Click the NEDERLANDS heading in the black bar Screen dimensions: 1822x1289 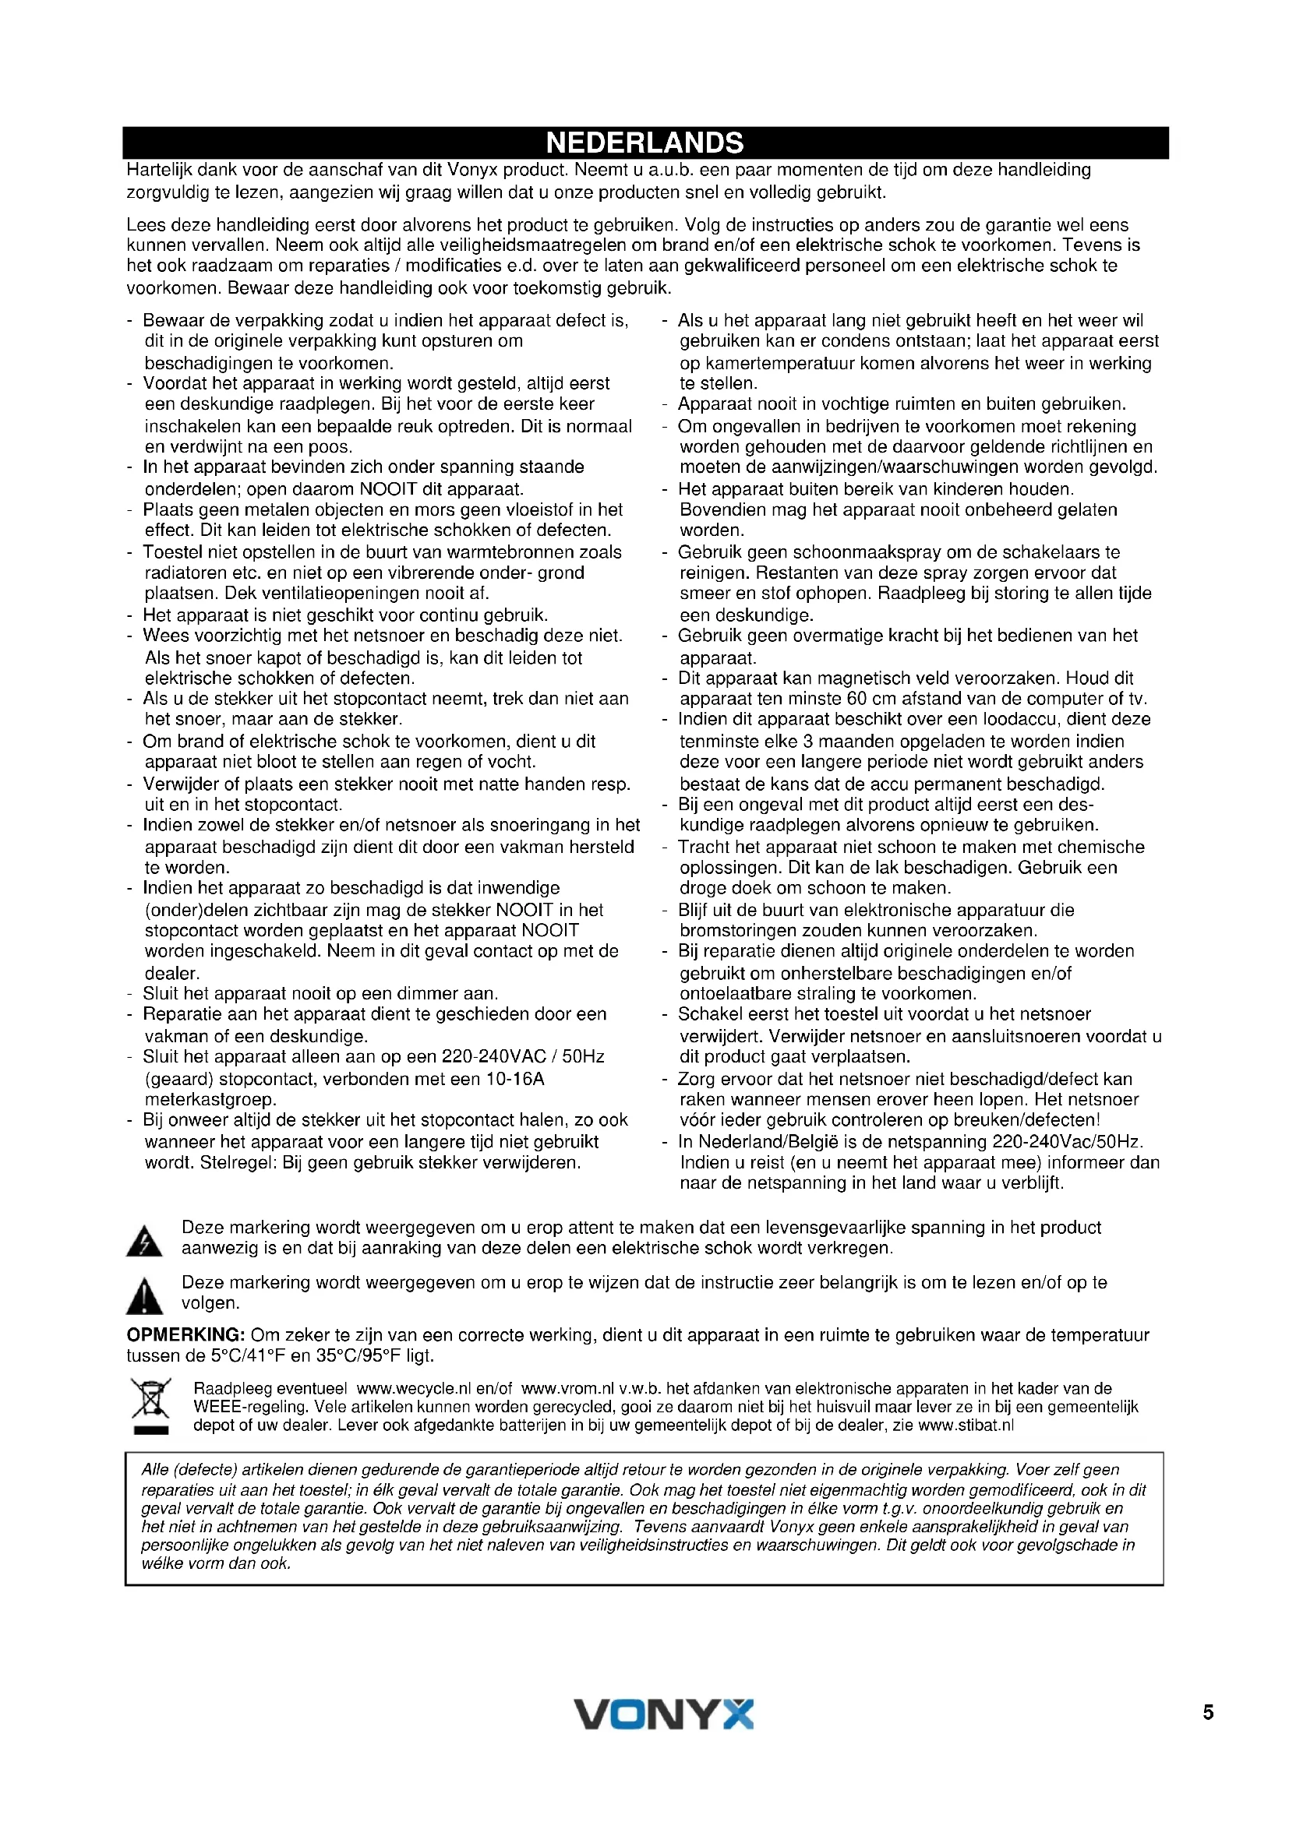[x=644, y=143]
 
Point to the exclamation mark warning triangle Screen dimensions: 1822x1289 [x=144, y=1296]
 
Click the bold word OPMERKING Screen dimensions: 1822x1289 [x=185, y=1336]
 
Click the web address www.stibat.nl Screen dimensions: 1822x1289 [x=966, y=1426]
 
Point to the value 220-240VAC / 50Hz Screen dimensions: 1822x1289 [x=523, y=1057]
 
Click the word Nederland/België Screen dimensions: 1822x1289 [x=765, y=1142]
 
